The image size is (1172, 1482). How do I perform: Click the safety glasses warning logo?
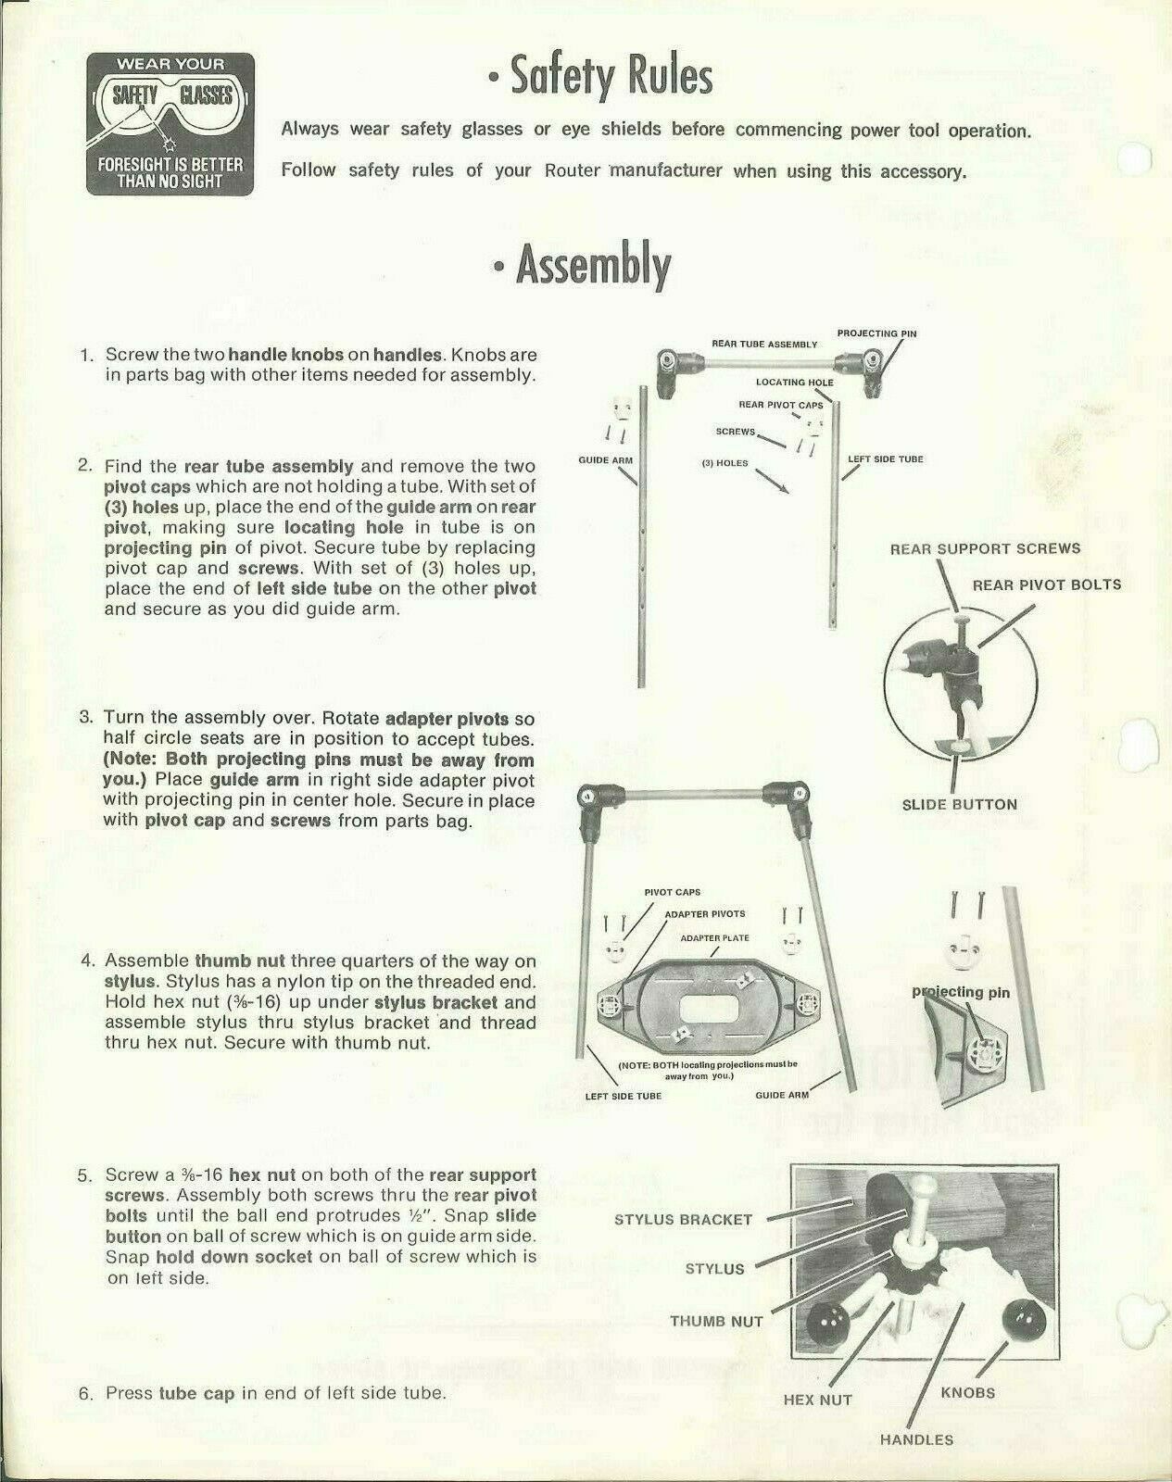[170, 123]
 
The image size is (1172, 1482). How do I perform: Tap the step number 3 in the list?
[86, 718]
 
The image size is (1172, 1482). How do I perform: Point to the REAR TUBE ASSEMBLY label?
[764, 345]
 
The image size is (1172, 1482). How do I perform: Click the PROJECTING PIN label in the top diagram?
[876, 333]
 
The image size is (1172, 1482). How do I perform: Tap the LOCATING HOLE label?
[794, 383]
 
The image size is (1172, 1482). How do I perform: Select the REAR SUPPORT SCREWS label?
[985, 548]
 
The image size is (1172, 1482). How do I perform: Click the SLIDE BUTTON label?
[959, 804]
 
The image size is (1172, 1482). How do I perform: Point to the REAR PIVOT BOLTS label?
[1046, 584]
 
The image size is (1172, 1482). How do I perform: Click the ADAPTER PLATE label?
[714, 938]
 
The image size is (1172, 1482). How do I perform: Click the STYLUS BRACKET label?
[683, 1219]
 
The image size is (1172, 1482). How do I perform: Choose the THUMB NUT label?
[716, 1321]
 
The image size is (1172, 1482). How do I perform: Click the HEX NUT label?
[817, 1400]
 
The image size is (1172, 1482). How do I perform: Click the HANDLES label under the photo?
[916, 1439]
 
